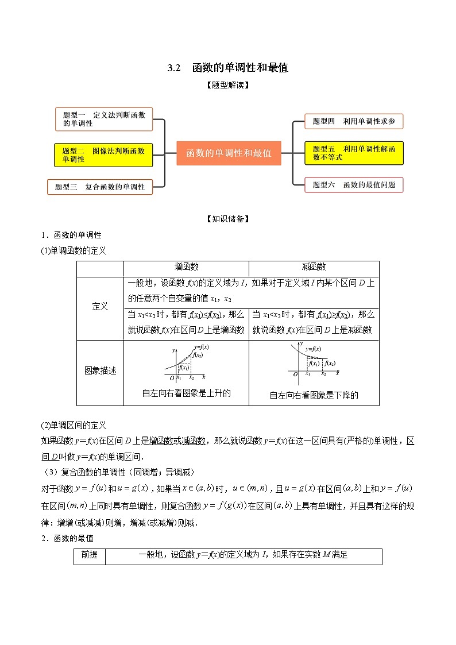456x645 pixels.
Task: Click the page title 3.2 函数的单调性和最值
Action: [x=227, y=68]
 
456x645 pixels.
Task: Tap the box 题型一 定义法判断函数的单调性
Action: [x=104, y=119]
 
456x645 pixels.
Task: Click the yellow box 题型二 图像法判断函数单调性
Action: [x=104, y=155]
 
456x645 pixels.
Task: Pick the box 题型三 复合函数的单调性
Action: [x=100, y=187]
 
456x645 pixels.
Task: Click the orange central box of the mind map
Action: [x=229, y=153]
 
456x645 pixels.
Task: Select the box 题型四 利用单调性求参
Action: [x=354, y=121]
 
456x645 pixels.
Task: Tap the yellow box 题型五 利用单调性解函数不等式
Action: [x=354, y=153]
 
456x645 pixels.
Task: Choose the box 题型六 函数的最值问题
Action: [x=354, y=184]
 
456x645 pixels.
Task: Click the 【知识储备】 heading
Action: [x=227, y=219]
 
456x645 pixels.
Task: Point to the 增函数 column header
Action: [x=186, y=267]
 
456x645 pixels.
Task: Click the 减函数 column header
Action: [x=314, y=267]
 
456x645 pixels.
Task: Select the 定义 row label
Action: [x=100, y=307]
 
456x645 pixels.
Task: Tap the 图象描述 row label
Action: [x=100, y=371]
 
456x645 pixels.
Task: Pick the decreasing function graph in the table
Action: [x=314, y=362]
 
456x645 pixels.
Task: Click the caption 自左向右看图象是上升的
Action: [x=186, y=393]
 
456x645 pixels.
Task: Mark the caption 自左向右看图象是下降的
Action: [x=314, y=395]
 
